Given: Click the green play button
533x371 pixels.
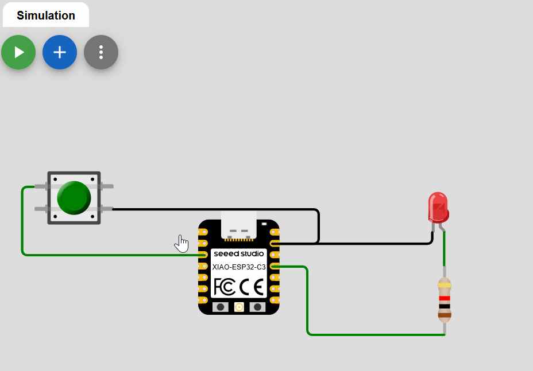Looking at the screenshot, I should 18,52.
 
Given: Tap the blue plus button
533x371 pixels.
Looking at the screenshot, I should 60,52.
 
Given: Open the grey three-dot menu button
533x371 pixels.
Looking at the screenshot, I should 101,52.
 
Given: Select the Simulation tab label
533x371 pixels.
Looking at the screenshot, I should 46,15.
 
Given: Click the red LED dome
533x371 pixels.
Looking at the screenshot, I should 438,206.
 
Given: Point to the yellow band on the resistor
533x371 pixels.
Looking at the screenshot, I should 445,285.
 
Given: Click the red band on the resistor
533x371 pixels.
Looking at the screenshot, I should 445,298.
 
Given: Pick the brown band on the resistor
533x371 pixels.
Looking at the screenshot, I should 445,314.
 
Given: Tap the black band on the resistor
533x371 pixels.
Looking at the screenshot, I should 445,306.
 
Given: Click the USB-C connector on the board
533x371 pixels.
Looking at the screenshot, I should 239,225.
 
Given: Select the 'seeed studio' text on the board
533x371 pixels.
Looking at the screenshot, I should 239,253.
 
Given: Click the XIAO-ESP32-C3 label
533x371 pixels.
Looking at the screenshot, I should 239,267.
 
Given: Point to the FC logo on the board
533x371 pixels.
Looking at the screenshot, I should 225,286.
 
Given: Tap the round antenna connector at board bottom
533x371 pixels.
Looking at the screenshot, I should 239,307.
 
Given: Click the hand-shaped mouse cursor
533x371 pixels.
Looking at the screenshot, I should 181,243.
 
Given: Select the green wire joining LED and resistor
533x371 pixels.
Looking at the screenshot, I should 443,250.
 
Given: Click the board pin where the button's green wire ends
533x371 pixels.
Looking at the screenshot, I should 203,255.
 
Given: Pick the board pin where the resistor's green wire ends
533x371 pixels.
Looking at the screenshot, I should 275,266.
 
